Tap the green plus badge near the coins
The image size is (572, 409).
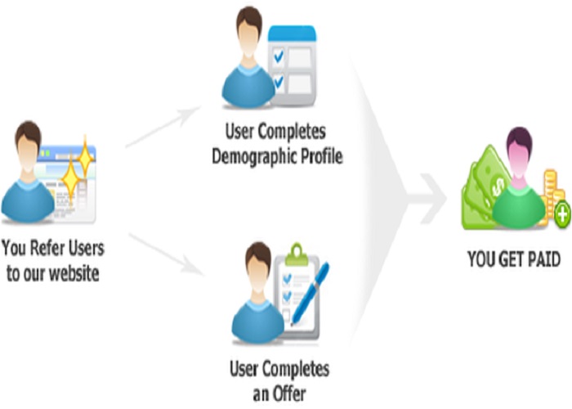tap(562, 215)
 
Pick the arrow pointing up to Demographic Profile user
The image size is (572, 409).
tap(163, 127)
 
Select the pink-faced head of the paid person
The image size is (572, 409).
tap(520, 151)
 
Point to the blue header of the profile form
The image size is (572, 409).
tap(292, 35)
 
